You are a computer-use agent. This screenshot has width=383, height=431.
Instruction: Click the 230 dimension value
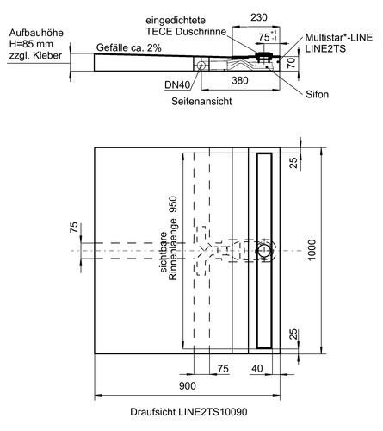tap(259, 17)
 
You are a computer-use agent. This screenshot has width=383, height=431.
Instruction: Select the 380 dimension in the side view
tap(240, 80)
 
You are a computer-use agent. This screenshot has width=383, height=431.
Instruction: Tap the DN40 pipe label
tap(177, 84)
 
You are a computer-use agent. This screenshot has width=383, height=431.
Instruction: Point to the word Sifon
tap(317, 94)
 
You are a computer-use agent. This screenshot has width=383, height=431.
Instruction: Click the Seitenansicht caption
tap(201, 102)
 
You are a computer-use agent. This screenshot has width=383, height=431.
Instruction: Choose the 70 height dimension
tap(292, 63)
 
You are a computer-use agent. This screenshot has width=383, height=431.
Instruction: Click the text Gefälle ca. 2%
tap(129, 47)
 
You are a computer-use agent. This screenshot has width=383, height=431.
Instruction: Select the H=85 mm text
tap(31, 44)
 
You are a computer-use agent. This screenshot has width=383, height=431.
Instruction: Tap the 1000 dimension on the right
tap(312, 250)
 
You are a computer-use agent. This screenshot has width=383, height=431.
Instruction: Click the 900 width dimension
tap(188, 386)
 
